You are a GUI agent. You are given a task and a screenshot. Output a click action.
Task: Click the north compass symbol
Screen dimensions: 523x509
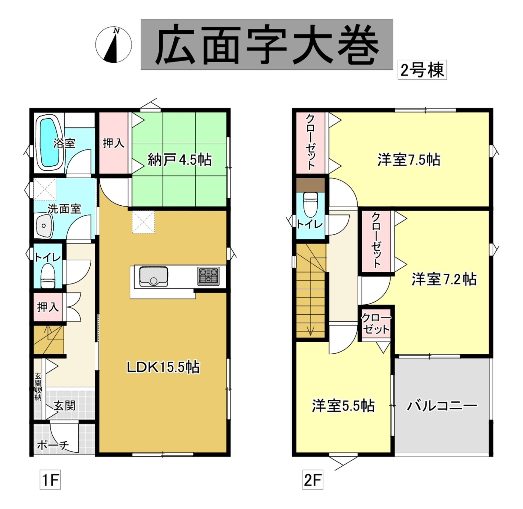point(114,45)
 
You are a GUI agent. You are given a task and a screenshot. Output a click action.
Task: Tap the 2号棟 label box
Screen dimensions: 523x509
point(422,70)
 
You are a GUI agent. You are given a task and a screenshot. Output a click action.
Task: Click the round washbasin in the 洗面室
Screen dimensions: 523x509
point(44,225)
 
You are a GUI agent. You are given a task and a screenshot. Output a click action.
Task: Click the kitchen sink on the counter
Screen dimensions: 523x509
point(153,276)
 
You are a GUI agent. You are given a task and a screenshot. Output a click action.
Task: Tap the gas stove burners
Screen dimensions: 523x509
point(208,276)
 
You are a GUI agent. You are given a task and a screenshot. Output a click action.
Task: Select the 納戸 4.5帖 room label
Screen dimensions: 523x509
point(180,160)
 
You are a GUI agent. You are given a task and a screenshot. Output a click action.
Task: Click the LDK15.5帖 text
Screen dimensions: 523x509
point(163,367)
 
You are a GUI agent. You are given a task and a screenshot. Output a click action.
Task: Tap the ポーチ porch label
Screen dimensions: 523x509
point(53,445)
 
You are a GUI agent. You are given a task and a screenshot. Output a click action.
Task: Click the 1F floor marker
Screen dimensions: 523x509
point(50,480)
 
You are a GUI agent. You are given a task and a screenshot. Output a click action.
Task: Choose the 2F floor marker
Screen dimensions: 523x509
point(313,480)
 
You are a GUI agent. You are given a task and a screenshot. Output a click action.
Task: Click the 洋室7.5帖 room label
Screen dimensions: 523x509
point(409,160)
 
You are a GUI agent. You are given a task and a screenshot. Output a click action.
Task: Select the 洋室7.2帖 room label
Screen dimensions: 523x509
point(444,279)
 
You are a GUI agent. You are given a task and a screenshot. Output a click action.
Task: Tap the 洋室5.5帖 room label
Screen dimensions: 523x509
point(343,406)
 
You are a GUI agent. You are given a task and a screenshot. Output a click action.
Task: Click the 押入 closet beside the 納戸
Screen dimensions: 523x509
point(114,143)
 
